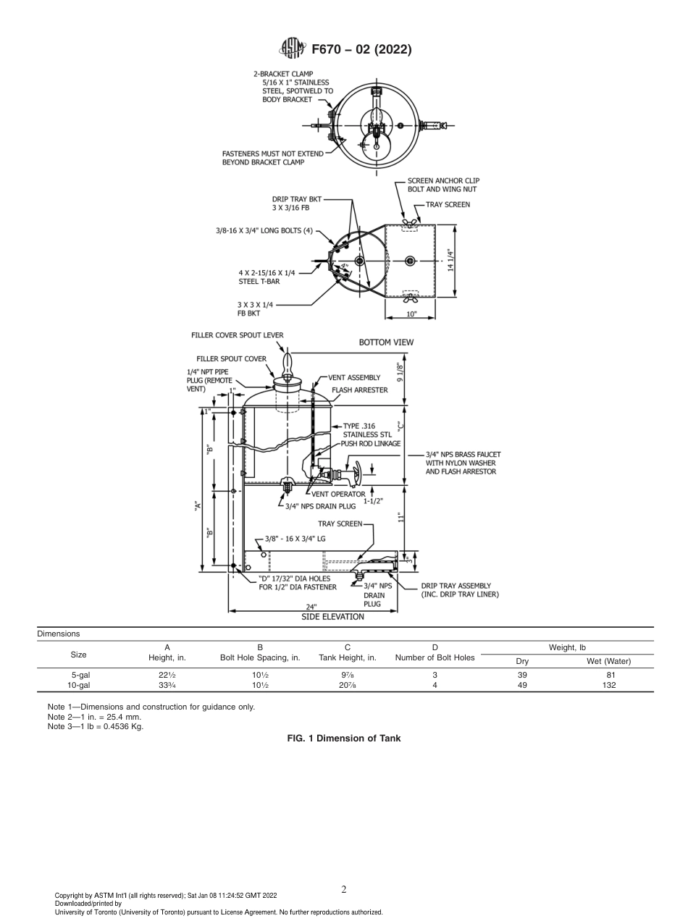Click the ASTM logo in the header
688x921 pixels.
tap(293, 49)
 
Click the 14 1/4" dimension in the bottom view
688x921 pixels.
tap(450, 260)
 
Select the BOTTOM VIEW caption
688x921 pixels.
tap(386, 342)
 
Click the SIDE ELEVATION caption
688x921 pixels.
tap(333, 617)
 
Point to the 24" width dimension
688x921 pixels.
tap(311, 607)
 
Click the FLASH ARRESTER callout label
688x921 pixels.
tap(359, 390)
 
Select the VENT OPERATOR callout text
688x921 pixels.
tap(338, 494)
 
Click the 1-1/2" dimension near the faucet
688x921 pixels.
tap(374, 500)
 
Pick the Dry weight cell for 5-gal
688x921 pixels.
tap(522, 675)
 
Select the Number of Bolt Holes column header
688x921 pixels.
tap(435, 657)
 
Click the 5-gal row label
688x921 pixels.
tap(80, 675)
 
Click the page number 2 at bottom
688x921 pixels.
tap(344, 890)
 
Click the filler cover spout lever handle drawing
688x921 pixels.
tap(288, 360)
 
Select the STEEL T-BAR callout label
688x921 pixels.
tap(259, 281)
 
